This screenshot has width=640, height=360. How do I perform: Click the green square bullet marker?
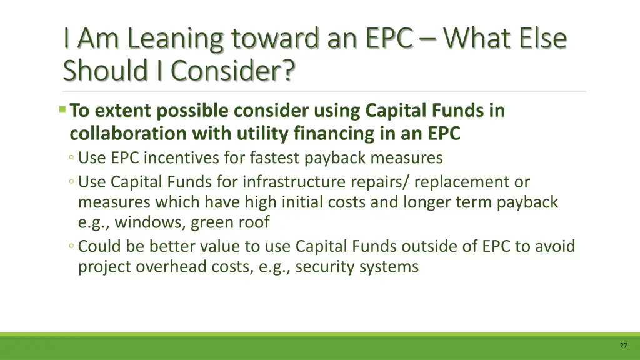click(x=62, y=110)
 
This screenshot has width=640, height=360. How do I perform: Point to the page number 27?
click(x=623, y=346)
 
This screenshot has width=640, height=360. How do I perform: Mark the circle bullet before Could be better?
click(x=72, y=247)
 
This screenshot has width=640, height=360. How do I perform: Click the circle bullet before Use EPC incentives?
click(x=72, y=157)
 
